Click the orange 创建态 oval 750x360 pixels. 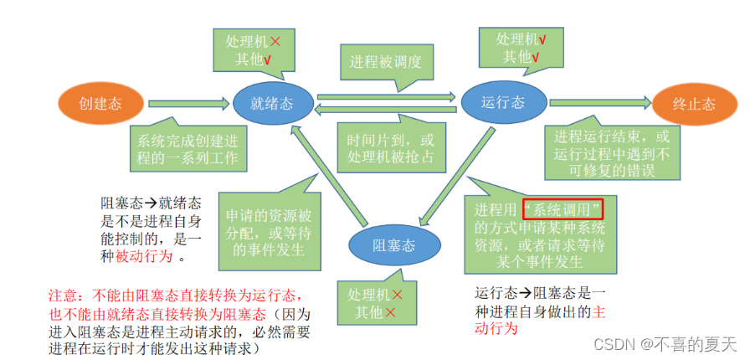100,104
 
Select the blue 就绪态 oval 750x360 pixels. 270,104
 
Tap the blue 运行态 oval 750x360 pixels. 503,102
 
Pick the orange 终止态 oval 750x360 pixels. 694,104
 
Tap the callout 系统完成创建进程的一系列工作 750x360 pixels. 186,149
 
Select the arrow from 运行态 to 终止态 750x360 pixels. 599,102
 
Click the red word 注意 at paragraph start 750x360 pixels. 64,296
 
